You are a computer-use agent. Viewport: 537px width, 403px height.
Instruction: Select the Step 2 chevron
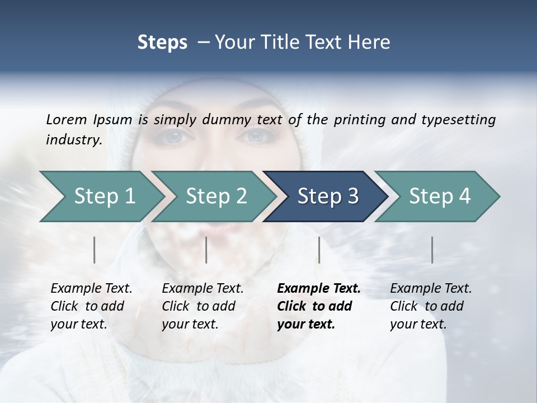[x=216, y=196]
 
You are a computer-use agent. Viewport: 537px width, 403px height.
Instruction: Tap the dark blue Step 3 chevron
[x=328, y=196]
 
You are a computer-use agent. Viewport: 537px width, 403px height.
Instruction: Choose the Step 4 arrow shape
[x=440, y=196]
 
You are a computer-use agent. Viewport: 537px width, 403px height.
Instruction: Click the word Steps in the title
[x=162, y=43]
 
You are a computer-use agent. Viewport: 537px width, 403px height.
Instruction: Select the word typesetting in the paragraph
[x=463, y=119]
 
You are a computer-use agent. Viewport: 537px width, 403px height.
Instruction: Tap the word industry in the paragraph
[x=73, y=139]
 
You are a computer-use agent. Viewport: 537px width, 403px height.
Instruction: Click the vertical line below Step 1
[x=95, y=250]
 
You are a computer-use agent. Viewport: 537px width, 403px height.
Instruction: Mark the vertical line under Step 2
[x=206, y=250]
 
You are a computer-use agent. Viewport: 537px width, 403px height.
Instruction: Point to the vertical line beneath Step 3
[x=319, y=250]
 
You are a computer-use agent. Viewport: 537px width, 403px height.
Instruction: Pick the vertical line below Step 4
[x=432, y=250]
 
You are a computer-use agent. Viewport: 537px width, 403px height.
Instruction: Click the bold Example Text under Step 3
[x=319, y=288]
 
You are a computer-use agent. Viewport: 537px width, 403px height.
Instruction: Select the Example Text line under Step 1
[x=91, y=288]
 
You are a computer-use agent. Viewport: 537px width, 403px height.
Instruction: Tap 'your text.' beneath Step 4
[x=418, y=324]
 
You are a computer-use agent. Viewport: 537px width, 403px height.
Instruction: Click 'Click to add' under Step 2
[x=199, y=306]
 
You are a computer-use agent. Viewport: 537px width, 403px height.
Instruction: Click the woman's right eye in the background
[x=255, y=136]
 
